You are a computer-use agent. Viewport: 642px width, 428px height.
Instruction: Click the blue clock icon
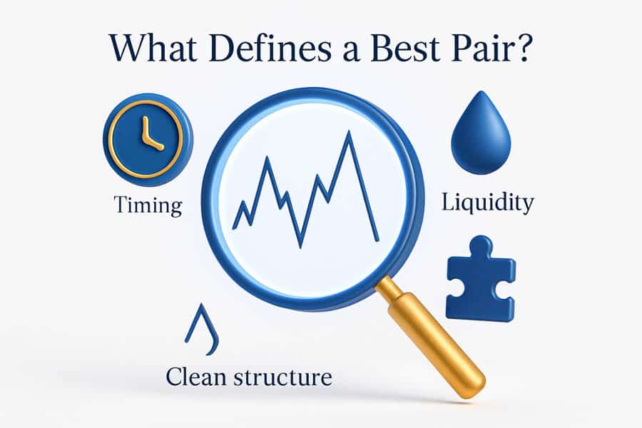click(148, 139)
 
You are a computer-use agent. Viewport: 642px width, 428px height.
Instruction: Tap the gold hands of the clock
click(150, 135)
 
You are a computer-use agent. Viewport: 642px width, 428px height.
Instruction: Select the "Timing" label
click(148, 205)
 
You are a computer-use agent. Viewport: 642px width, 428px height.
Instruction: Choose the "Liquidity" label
click(488, 202)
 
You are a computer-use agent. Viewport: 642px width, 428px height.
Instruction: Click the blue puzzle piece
click(480, 278)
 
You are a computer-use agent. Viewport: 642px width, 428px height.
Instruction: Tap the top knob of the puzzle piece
click(481, 245)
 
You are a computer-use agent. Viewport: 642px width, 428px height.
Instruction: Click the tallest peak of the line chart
click(349, 132)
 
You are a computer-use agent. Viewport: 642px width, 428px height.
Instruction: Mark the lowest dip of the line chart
click(300, 248)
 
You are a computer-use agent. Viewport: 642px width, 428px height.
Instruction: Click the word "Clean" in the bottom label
click(195, 377)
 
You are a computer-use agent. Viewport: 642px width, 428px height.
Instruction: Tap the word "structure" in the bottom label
click(282, 377)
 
